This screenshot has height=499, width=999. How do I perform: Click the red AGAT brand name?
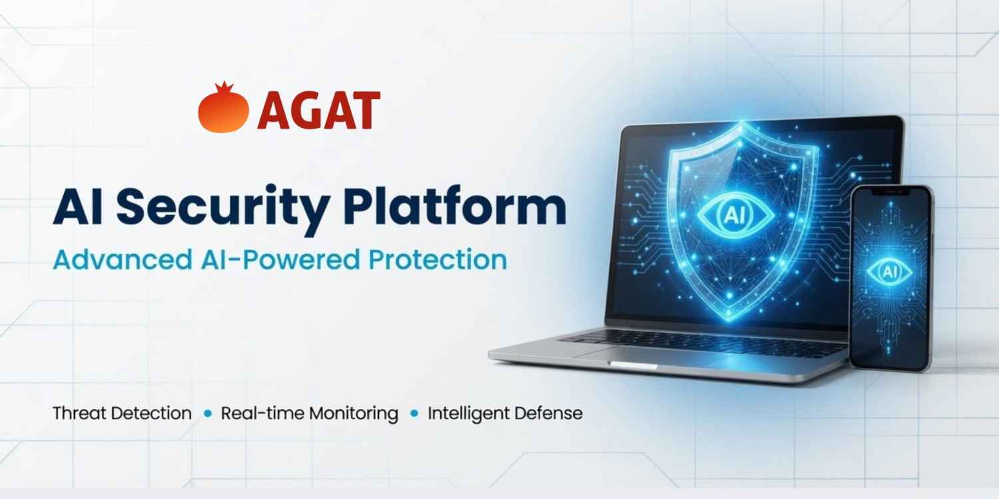[x=318, y=110]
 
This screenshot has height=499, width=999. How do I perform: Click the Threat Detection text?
[x=122, y=413]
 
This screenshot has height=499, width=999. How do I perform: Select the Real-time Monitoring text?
[x=309, y=413]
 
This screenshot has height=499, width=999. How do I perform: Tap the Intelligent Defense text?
[x=505, y=413]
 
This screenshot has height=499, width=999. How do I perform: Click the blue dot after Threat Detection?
[x=207, y=414]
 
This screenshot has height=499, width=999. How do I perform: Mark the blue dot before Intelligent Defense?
[x=414, y=414]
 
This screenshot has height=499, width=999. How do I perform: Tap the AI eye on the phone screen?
[x=889, y=271]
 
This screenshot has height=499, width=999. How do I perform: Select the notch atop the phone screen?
[x=891, y=192]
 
